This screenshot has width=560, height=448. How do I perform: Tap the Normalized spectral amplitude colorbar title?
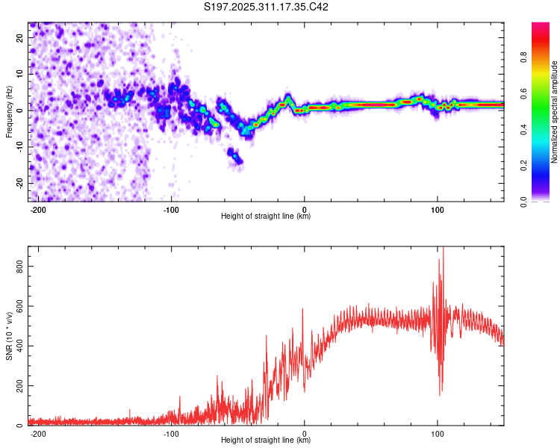point(555,112)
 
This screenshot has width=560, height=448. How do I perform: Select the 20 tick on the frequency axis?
point(20,38)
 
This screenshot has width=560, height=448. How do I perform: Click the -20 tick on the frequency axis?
point(19,183)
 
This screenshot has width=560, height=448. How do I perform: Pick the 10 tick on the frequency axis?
point(20,74)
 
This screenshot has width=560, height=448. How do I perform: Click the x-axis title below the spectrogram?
point(266,217)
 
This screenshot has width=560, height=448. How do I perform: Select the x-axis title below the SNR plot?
point(266,441)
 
